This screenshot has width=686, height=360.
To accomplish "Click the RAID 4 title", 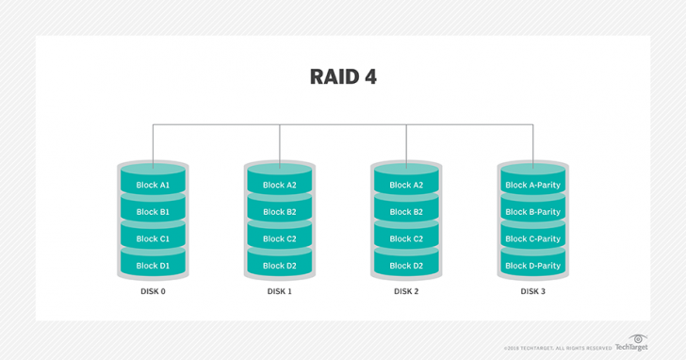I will pos(343,77).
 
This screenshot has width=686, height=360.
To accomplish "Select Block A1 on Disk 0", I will pos(153,185).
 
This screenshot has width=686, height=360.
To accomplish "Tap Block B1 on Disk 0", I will pos(153,212).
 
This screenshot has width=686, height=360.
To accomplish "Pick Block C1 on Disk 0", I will pos(153,238).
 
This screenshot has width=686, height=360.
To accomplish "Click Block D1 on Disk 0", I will pos(153,266).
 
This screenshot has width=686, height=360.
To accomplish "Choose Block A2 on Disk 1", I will pos(279,185).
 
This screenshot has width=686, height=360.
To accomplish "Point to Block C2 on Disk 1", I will pos(279,238).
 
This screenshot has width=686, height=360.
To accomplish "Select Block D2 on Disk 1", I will pos(279,266).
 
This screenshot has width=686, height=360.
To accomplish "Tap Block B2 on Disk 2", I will pos(406,212).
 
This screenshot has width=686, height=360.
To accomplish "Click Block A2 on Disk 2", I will pos(406,185).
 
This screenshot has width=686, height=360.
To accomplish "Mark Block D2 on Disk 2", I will pos(406,266).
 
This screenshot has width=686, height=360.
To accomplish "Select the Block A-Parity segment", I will pos(532,185).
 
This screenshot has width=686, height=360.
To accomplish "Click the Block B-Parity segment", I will pos(532,212).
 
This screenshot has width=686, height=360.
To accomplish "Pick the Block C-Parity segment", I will pos(532,238).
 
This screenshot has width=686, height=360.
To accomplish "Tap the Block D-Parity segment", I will pos(532,266).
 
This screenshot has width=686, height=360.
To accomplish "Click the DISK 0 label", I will pos(153,292).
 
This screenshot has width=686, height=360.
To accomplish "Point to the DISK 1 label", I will pos(279,292).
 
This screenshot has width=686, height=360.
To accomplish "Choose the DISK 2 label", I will pos(406,292).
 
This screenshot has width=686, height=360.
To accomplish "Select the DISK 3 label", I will pos(532,292).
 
